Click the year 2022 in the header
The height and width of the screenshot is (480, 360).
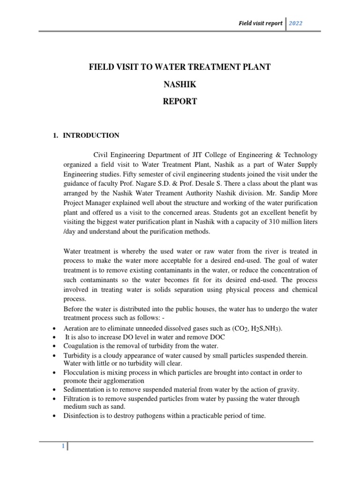point(299,23)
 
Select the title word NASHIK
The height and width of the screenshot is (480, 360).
point(180,84)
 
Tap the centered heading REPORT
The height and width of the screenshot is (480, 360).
point(180,101)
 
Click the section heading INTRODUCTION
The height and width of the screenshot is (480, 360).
point(91,135)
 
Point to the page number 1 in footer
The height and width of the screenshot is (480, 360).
point(62,447)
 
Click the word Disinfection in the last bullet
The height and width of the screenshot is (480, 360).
point(81,415)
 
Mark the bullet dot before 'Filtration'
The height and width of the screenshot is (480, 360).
point(56,399)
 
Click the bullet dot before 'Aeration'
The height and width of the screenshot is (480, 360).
point(56,329)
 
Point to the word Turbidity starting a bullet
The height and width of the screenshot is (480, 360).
point(77,355)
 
